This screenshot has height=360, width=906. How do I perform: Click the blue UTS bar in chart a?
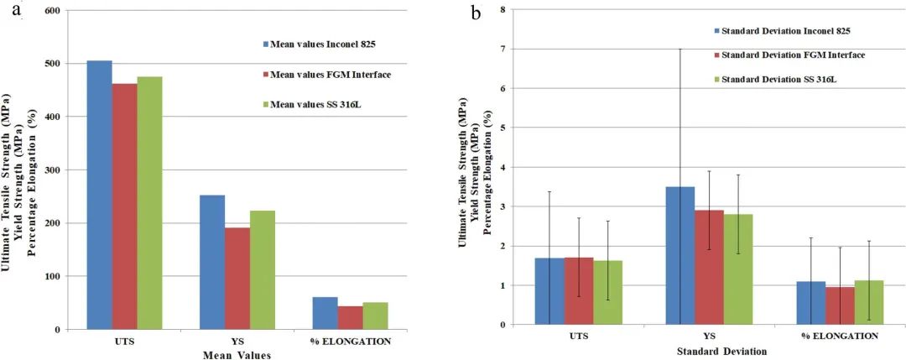(x=99, y=195)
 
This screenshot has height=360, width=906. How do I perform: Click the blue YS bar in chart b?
(x=680, y=255)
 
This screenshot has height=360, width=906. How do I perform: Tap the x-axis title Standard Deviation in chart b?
(x=717, y=350)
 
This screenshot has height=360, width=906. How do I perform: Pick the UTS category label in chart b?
(x=578, y=336)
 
